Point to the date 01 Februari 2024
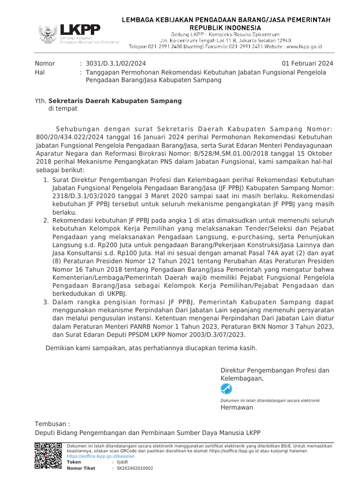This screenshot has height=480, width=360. [307, 64]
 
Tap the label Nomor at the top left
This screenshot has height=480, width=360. [45, 64]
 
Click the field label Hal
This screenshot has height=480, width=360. [40, 72]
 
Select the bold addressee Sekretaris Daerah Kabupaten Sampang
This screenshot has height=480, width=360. [115, 101]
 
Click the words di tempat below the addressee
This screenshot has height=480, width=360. [63, 109]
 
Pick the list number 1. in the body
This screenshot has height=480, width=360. [46, 180]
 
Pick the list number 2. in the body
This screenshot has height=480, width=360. [46, 219]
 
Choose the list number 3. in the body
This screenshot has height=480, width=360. [46, 303]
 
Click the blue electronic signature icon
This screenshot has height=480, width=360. [226, 389]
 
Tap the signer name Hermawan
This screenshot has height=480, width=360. [237, 407]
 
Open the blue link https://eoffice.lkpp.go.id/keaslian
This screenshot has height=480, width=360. [101, 456]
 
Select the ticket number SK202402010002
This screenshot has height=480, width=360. [135, 468]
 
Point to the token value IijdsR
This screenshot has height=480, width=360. [122, 462]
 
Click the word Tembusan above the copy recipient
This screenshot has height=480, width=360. [52, 424]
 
